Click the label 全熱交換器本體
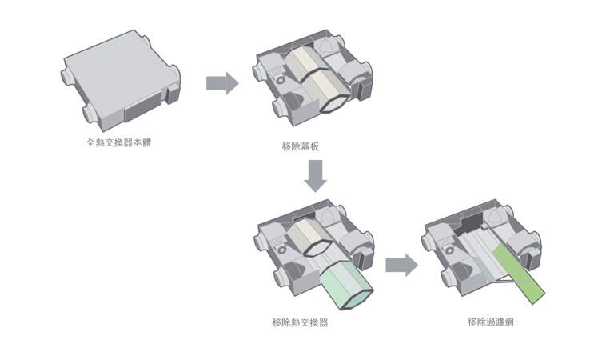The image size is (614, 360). pyautogui.click(x=118, y=144)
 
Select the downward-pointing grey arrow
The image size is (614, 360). pyautogui.click(x=316, y=176)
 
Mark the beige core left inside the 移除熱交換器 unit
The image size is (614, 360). pyautogui.click(x=302, y=238)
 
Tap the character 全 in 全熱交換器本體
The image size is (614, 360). pyautogui.click(x=90, y=144)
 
